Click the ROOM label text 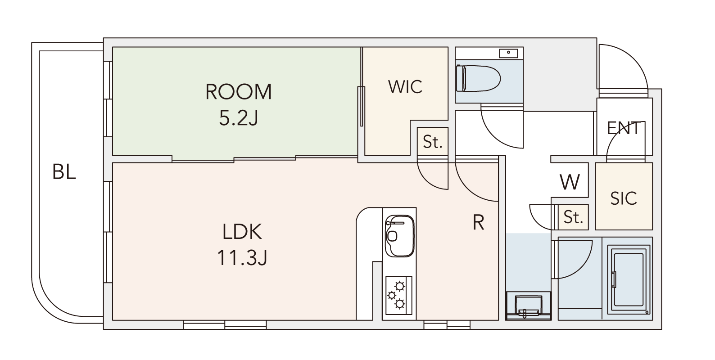click(239, 92)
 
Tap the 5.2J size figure click(239, 117)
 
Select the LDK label click(242, 232)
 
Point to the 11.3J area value click(242, 257)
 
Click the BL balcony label click(64, 172)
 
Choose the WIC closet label click(405, 86)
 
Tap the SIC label click(624, 198)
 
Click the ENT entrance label click(624, 128)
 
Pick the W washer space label click(570, 182)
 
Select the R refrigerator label click(478, 222)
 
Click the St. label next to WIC click(433, 142)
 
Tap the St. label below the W click(573, 217)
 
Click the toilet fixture click(478, 78)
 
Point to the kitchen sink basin click(400, 236)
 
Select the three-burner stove click(399, 295)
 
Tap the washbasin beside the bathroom click(528, 306)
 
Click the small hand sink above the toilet click(508, 53)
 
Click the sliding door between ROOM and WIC click(362, 106)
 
